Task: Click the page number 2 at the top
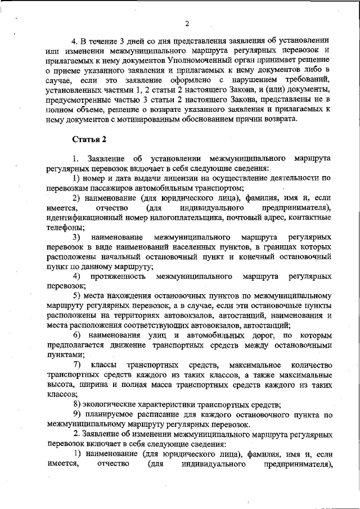(x=186, y=23)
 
